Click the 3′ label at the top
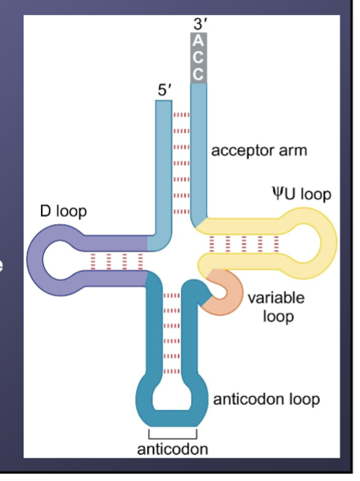click(x=199, y=24)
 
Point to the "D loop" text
click(x=63, y=212)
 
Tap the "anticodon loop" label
click(x=266, y=399)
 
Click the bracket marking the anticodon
click(x=172, y=433)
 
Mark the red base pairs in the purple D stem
click(x=116, y=259)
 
